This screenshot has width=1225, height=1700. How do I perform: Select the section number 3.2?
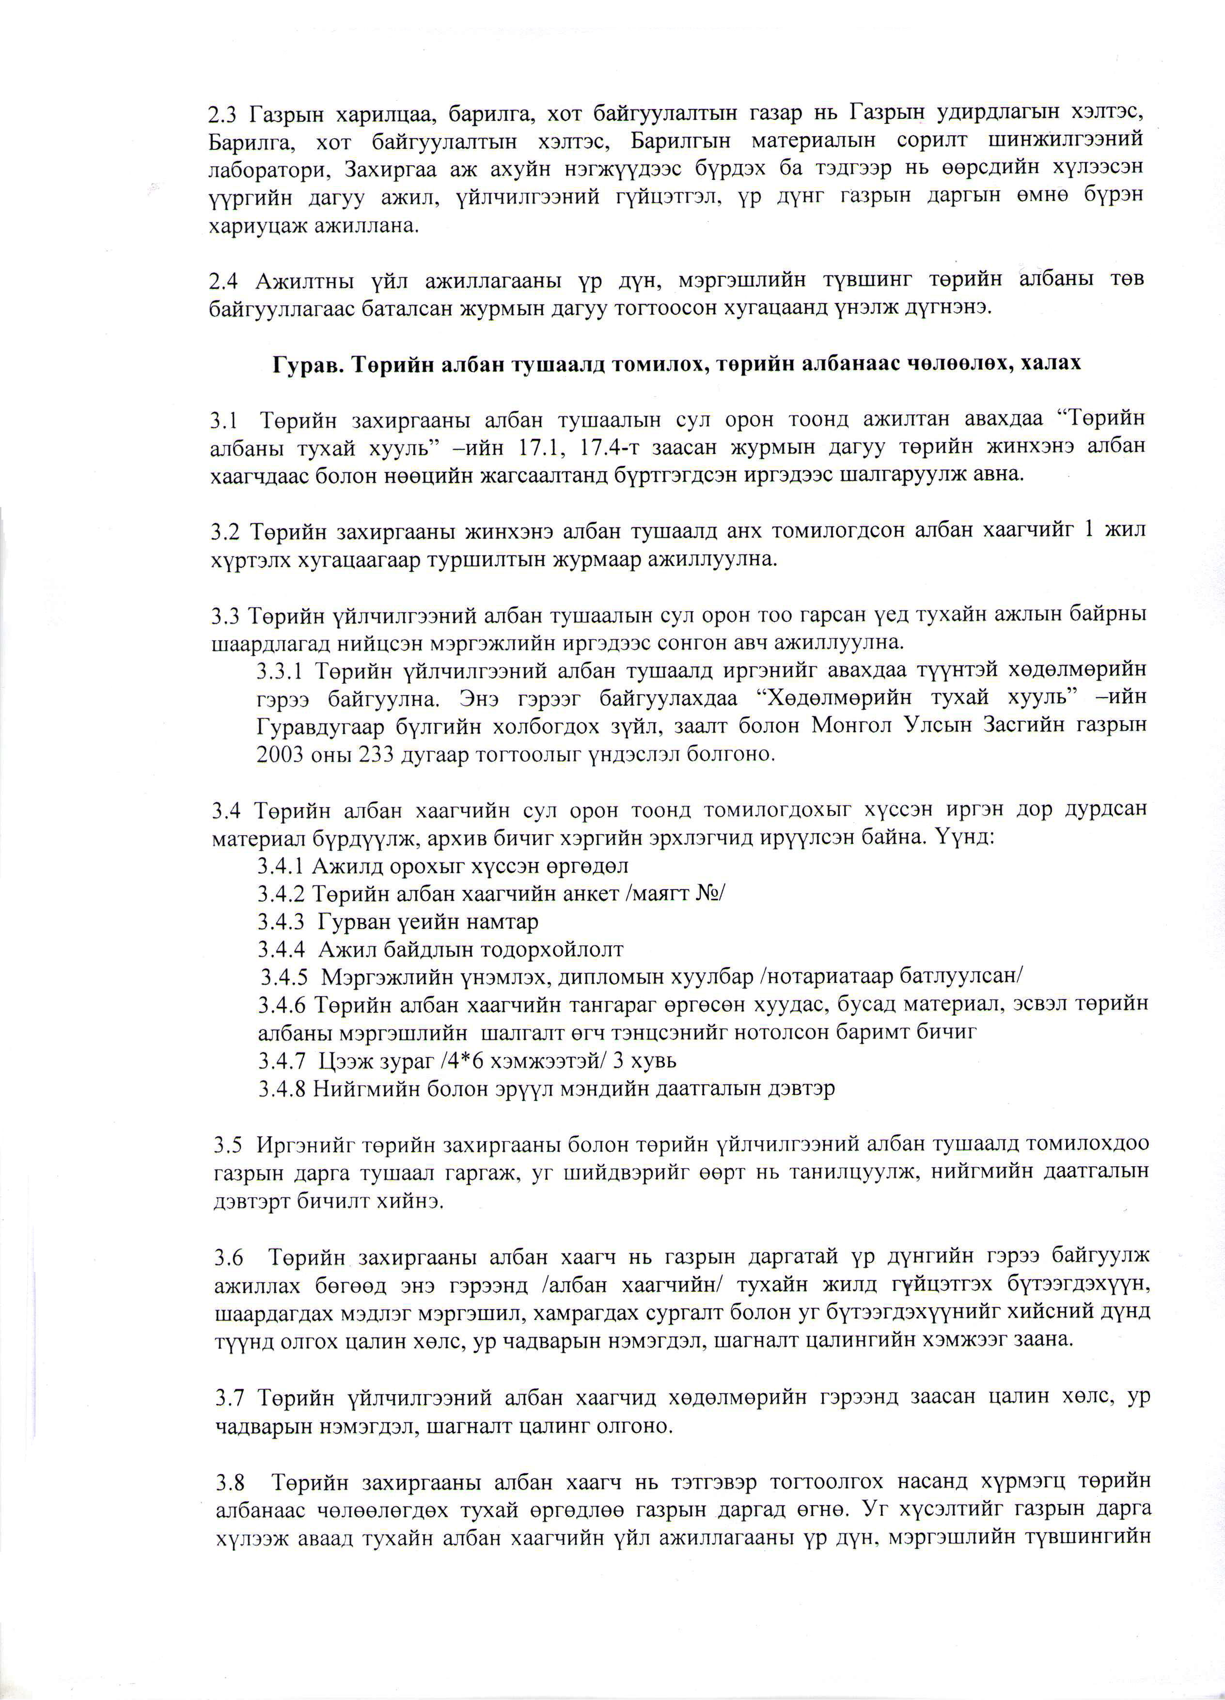click(x=225, y=531)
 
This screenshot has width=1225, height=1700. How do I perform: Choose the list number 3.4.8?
click(x=280, y=1088)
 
